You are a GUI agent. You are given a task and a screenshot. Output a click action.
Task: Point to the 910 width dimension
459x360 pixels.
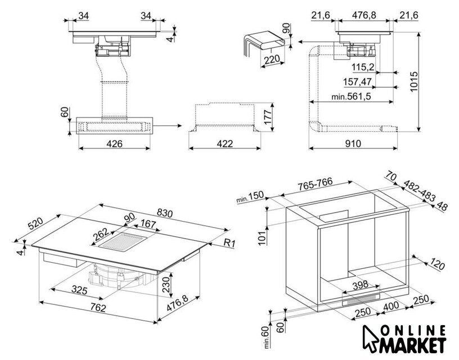353,143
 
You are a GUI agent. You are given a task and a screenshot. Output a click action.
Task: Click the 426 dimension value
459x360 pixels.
115,143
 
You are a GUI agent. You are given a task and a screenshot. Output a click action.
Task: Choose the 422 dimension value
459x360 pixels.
225,143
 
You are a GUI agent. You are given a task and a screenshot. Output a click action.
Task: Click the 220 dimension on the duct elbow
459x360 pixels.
272,61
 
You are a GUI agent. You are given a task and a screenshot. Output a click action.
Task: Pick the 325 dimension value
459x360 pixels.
79,291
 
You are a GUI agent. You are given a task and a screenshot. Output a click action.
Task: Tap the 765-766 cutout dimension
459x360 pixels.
317,186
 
